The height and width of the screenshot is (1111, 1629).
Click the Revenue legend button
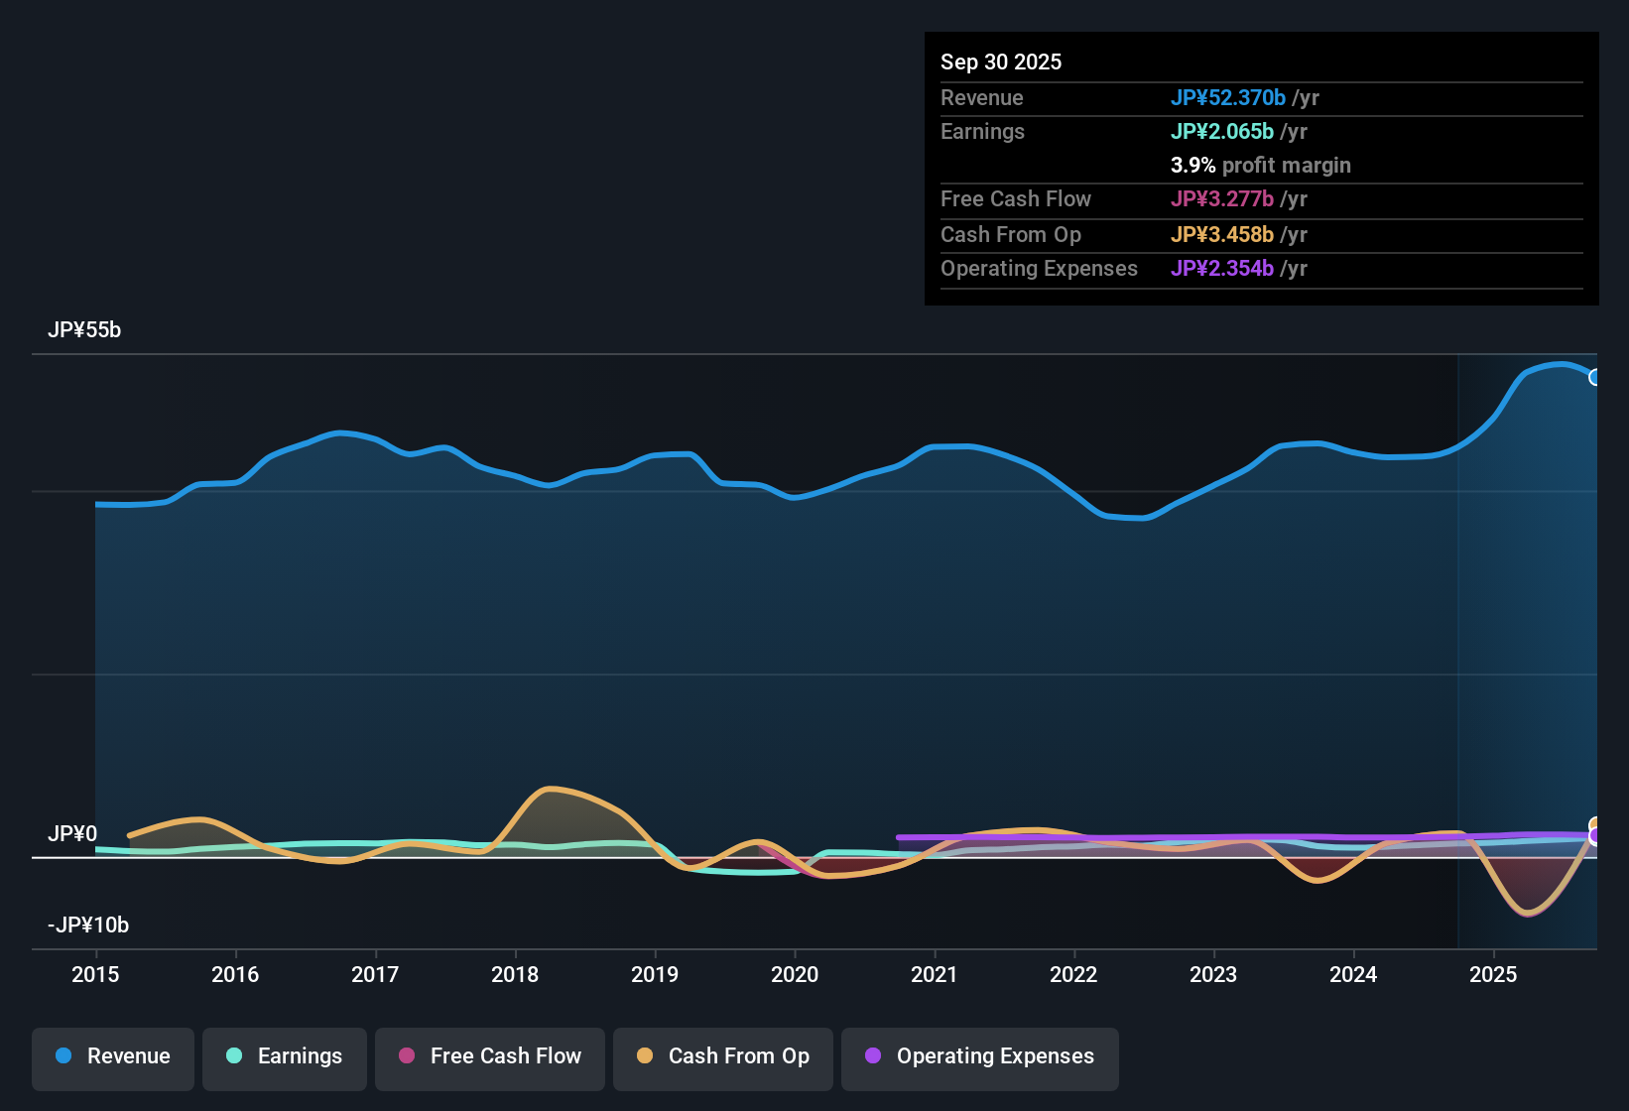pos(113,1056)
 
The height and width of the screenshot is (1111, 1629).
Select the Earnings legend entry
pos(285,1056)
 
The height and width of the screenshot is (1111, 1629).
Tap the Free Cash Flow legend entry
pos(490,1056)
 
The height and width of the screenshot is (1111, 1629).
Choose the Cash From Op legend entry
pos(723,1056)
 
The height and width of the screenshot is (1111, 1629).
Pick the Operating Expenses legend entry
pos(980,1056)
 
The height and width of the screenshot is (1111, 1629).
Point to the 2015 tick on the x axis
pos(95,974)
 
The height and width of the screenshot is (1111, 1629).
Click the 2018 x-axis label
pos(515,974)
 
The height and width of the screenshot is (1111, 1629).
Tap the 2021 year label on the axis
pos(935,974)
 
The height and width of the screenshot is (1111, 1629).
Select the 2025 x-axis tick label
pos(1493,974)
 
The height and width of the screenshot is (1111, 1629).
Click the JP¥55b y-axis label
pos(84,330)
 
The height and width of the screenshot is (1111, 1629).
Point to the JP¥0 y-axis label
pos(72,834)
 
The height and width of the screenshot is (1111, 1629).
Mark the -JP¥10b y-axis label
pos(88,926)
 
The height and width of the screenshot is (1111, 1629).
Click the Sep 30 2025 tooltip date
pos(1001,62)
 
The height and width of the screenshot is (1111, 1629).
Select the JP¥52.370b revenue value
pos(1228,97)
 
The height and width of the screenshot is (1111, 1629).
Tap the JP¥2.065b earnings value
pos(1222,131)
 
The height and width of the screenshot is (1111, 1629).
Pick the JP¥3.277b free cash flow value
pos(1222,198)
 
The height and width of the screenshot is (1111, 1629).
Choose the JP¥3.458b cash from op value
pos(1222,234)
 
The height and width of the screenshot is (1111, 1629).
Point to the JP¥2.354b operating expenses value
pos(1222,268)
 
